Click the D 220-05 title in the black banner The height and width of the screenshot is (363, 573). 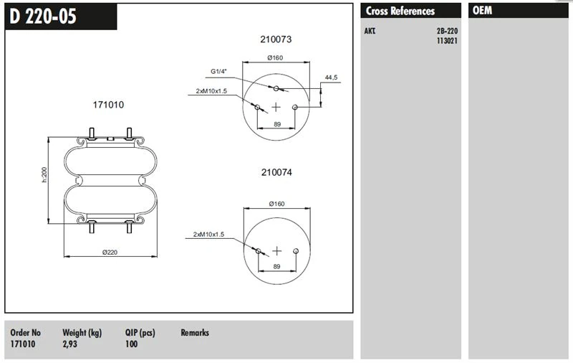(43, 16)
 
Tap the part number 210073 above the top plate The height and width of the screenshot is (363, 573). (276, 39)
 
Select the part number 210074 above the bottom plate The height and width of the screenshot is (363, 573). (276, 172)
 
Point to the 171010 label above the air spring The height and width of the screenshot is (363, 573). (108, 105)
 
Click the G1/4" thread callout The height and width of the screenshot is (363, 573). (218, 71)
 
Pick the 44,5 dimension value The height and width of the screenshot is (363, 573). (331, 77)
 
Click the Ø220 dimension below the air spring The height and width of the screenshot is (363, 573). (110, 252)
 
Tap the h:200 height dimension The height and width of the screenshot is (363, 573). (44, 175)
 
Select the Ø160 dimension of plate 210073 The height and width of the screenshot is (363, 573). (275, 57)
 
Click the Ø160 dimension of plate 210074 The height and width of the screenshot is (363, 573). (276, 204)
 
